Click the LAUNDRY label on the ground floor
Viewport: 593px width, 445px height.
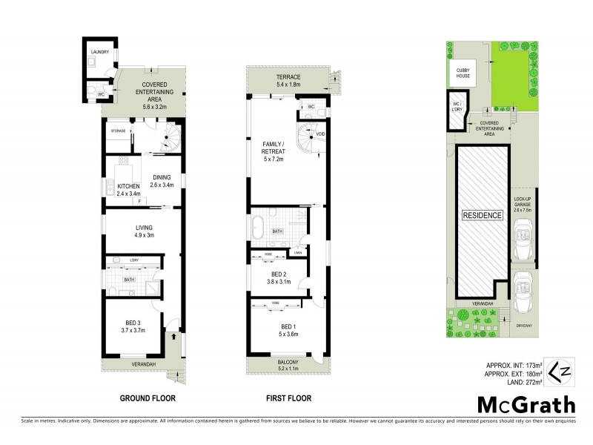[x=100, y=52]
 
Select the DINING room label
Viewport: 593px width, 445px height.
[x=162, y=180]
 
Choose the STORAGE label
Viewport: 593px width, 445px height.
[x=116, y=131]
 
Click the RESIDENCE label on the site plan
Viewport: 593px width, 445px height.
[x=483, y=215]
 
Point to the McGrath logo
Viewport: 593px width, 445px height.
[x=526, y=404]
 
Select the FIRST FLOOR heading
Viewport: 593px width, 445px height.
[x=288, y=398]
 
